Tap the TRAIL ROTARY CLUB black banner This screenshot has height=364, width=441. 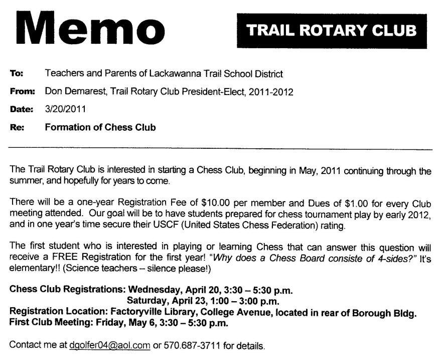[x=332, y=30]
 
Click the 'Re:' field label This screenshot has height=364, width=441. [x=17, y=127]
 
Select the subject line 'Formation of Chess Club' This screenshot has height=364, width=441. [x=100, y=127]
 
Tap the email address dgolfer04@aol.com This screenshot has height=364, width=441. [x=109, y=345]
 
